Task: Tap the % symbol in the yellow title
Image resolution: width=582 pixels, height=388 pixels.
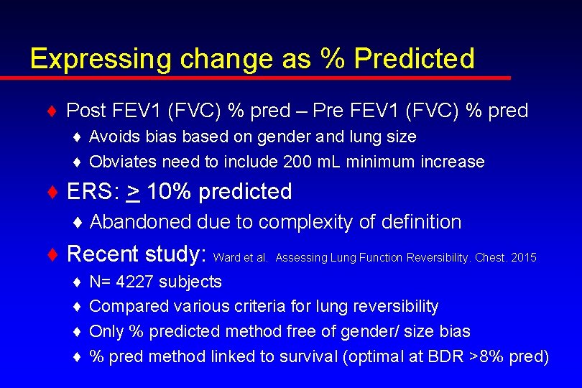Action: click(x=332, y=58)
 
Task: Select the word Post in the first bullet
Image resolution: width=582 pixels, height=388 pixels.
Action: click(x=86, y=111)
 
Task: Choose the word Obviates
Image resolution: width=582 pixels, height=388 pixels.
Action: click(x=121, y=162)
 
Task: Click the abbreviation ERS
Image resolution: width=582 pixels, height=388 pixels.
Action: click(x=90, y=192)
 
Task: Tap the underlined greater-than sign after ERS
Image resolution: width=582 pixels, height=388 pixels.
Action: click(x=133, y=192)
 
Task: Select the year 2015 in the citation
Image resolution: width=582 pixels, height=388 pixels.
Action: click(x=523, y=257)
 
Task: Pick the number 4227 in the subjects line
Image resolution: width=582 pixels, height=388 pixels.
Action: click(x=134, y=282)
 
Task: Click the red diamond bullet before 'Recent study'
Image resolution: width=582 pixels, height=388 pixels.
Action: click(x=52, y=254)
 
